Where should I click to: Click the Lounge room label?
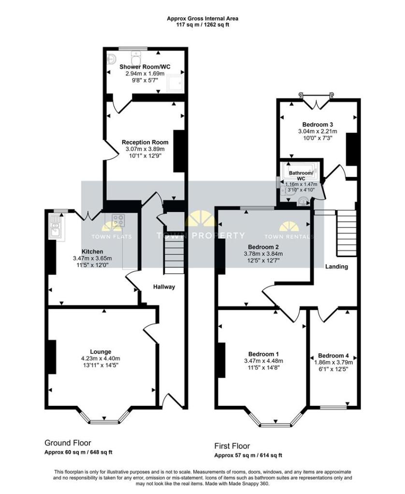coord(103,352)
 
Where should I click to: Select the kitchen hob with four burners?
coord(118,221)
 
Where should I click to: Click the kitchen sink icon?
coord(56,227)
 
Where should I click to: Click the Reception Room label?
coord(145,142)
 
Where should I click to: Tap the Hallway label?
coord(164,287)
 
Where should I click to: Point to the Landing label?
coord(336,266)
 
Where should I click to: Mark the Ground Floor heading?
coord(68,443)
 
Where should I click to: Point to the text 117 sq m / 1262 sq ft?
coord(202,25)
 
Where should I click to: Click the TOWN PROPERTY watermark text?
coord(200,236)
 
